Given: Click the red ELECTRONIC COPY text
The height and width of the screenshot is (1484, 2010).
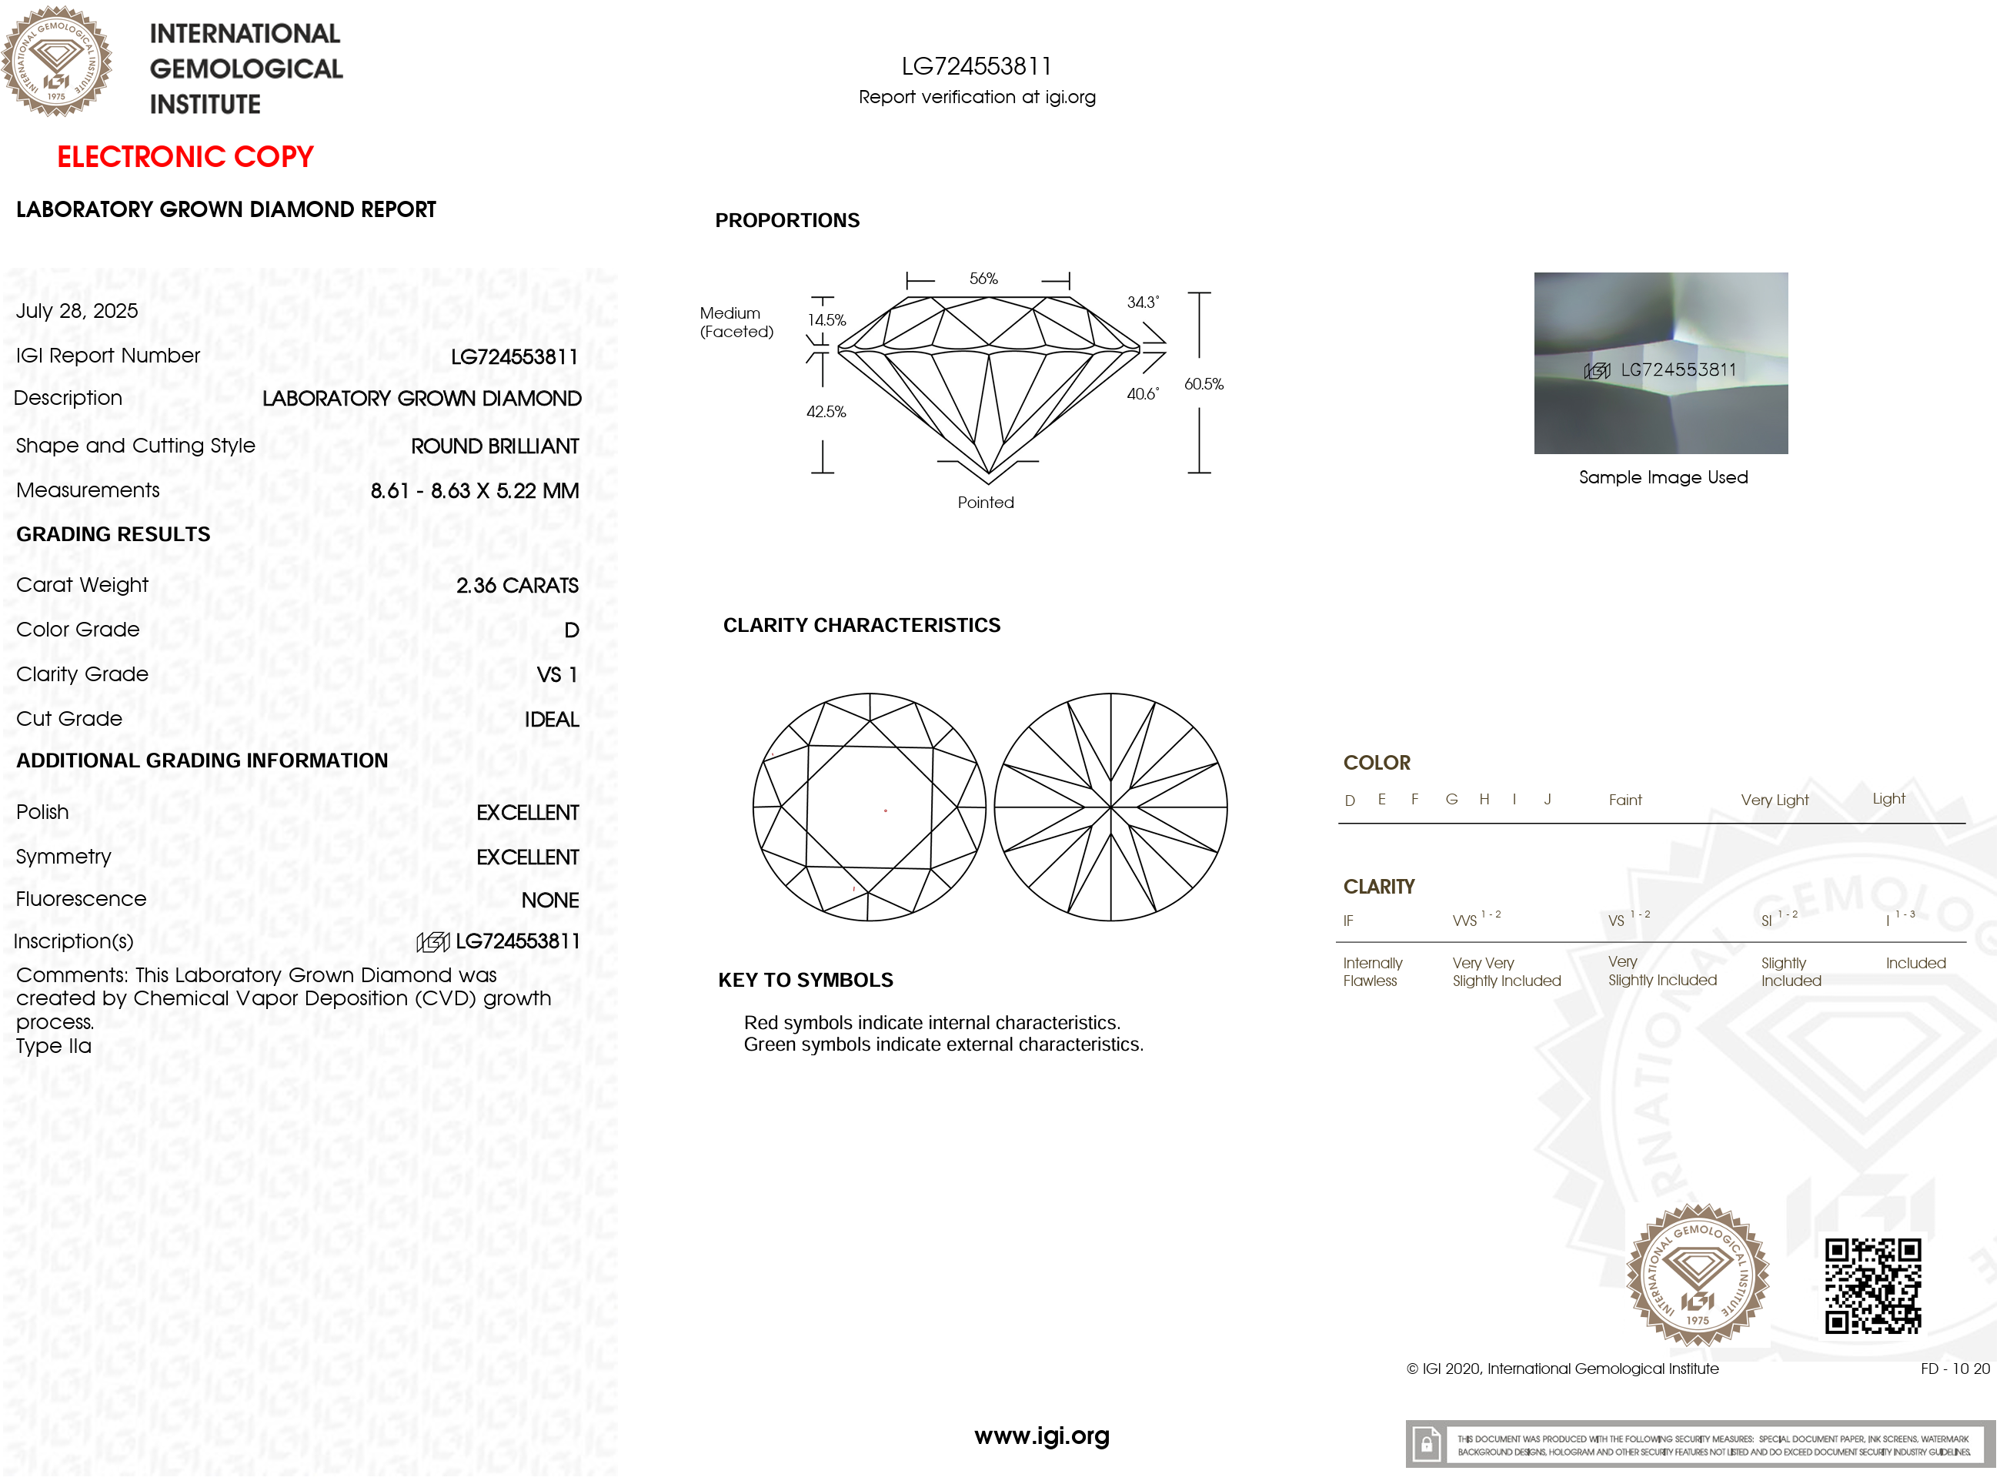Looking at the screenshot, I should (185, 157).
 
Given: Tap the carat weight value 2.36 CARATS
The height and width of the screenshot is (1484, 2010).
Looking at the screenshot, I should (517, 586).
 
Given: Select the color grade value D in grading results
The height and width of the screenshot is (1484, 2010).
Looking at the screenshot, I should (571, 630).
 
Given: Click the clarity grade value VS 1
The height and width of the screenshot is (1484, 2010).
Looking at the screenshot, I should (557, 674).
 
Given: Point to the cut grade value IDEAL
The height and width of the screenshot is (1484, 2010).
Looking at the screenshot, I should (552, 720).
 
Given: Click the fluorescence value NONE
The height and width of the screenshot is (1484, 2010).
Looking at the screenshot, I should (549, 900).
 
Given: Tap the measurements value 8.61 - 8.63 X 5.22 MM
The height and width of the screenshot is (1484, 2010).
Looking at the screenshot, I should (474, 491).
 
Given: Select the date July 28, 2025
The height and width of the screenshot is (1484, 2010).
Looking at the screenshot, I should (77, 312).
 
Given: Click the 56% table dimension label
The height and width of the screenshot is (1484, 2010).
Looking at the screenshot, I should (983, 279).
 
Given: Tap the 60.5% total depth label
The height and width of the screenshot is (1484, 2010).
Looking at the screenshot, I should (1204, 385).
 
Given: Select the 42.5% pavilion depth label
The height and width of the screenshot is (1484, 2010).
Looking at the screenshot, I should (826, 413).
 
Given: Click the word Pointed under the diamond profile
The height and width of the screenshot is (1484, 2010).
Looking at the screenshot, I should (985, 503).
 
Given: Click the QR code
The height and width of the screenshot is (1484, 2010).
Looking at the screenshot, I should (1874, 1285).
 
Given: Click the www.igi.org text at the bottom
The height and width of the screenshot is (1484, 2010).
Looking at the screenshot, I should (1042, 1436).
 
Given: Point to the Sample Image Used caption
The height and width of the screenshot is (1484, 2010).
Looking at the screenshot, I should (1663, 478).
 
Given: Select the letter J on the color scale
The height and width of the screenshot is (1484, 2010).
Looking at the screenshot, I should (1548, 800).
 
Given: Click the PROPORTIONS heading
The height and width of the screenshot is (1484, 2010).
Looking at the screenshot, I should (786, 221).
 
